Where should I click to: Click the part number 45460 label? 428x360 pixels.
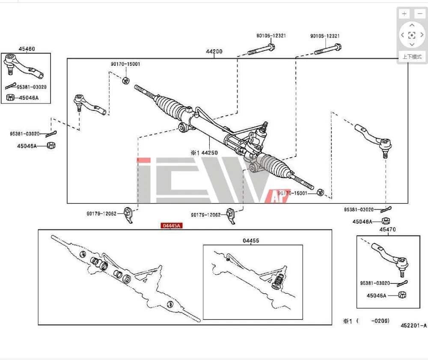(27, 49)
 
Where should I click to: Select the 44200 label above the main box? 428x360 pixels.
(214, 52)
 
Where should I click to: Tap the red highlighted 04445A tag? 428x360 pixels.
(171, 226)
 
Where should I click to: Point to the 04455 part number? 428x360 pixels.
(251, 241)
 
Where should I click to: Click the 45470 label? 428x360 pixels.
(387, 229)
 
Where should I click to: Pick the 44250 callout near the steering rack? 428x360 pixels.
(205, 152)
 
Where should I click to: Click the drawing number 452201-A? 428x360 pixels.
(413, 325)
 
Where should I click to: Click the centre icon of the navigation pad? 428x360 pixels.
(412, 35)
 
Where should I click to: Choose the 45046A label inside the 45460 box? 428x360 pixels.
(29, 98)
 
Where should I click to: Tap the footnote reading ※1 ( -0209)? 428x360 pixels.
(366, 321)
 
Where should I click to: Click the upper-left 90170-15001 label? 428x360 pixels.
(125, 64)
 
